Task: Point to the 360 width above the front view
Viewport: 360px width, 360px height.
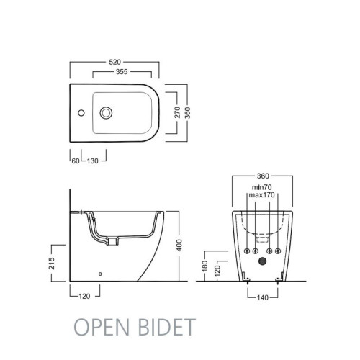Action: [x=263, y=177]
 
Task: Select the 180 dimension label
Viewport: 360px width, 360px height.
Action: [x=208, y=266]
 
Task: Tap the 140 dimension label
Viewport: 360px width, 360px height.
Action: [x=262, y=295]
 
